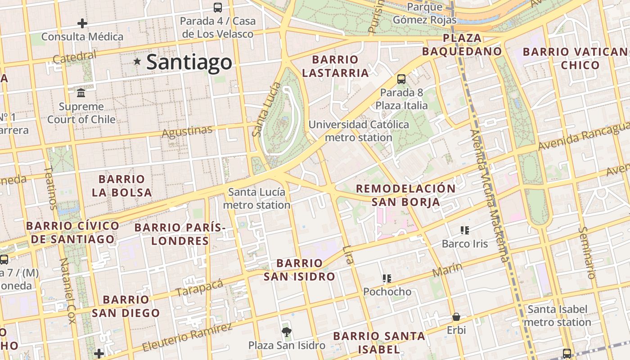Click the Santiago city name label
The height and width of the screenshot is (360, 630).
[189, 62]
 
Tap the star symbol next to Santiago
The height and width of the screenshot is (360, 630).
[137, 61]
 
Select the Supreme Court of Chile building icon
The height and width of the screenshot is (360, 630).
[81, 93]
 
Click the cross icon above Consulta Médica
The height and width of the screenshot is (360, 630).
[82, 23]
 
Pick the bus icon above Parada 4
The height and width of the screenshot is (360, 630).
[218, 7]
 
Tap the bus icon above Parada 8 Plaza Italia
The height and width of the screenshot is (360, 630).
[401, 79]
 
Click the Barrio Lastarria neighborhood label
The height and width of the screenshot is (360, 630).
[335, 66]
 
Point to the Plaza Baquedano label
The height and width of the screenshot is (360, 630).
[462, 45]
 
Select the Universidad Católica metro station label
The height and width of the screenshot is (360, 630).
[359, 131]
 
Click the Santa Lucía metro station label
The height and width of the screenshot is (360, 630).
[257, 198]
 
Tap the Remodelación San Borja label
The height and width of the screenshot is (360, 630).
[406, 195]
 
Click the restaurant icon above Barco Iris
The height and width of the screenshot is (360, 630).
[465, 231]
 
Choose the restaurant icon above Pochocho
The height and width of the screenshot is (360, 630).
[387, 279]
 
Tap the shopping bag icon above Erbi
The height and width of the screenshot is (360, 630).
[456, 317]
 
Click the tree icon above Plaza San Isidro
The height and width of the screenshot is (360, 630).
[286, 332]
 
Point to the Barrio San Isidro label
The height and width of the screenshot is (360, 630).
[300, 270]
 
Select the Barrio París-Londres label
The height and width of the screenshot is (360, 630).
[180, 234]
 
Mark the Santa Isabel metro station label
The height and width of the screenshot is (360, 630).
[558, 315]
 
